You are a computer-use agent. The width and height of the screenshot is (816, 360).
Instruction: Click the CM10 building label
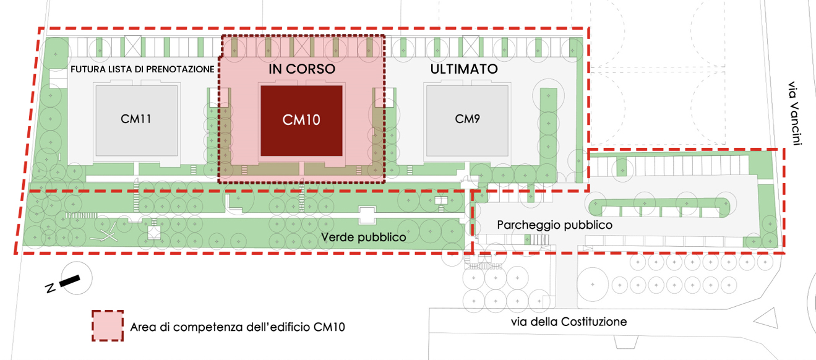click(301, 120)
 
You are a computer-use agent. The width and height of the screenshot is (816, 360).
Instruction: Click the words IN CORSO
click(302, 69)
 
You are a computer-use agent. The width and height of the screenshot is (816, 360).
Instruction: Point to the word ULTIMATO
click(464, 69)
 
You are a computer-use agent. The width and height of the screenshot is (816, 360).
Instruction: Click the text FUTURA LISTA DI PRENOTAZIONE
click(142, 69)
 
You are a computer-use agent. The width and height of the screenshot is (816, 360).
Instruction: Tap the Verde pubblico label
click(363, 238)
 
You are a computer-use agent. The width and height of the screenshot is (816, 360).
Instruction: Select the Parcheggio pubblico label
click(554, 225)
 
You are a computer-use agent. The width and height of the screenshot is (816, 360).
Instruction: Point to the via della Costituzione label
click(569, 322)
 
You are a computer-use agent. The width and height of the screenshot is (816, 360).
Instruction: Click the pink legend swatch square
click(108, 326)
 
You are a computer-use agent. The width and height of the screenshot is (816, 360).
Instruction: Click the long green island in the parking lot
click(662, 204)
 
